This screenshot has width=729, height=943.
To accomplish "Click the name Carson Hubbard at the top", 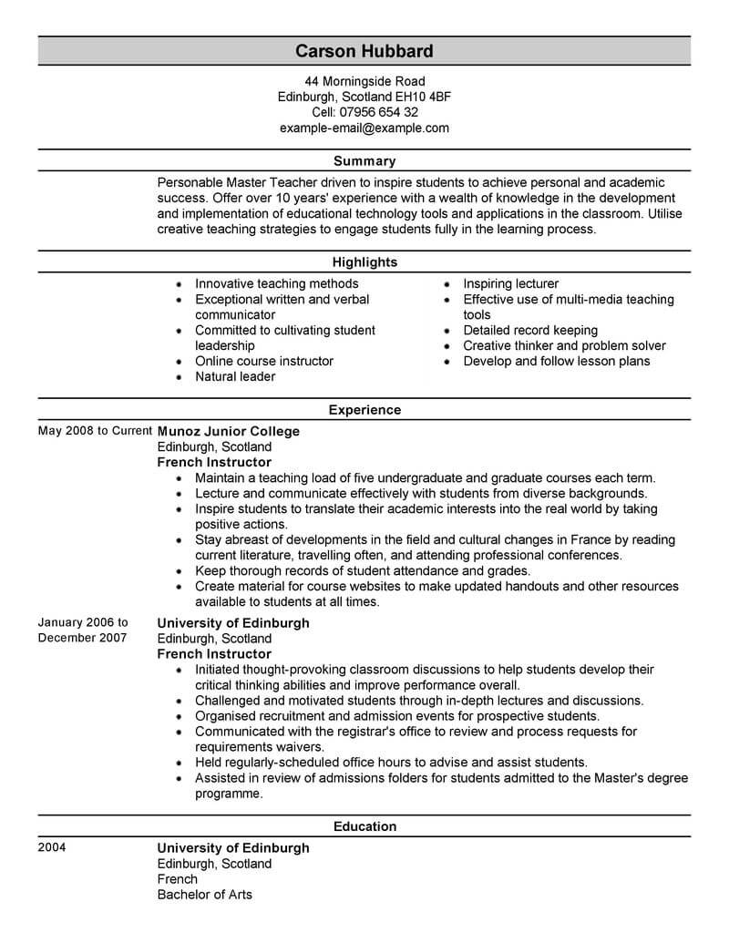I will [x=364, y=50].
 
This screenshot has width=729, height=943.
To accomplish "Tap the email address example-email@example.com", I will [x=364, y=128].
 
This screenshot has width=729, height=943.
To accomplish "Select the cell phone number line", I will [x=364, y=112].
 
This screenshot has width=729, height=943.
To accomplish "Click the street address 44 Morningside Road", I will [x=364, y=81].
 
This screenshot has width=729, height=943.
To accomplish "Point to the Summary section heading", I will [x=364, y=161].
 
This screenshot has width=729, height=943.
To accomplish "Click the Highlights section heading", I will [x=364, y=262].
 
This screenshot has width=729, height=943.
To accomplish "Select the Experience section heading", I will [x=364, y=410].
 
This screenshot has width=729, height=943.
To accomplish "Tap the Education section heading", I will [x=364, y=826].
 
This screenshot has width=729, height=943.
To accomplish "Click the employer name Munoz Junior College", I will [x=228, y=432].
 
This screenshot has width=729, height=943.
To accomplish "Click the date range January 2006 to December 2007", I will [x=83, y=630].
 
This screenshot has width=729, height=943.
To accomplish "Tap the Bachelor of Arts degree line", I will [x=204, y=894].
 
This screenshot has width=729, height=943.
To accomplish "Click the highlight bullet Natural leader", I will [x=235, y=376].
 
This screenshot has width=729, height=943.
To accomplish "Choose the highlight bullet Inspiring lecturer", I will [x=510, y=284].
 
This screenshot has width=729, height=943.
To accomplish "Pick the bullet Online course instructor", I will [x=264, y=361].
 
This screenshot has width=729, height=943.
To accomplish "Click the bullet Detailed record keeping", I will [x=530, y=330].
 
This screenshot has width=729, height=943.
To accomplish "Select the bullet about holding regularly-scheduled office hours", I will [x=391, y=763].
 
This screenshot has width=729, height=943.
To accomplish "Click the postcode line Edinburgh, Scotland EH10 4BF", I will [x=364, y=97].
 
